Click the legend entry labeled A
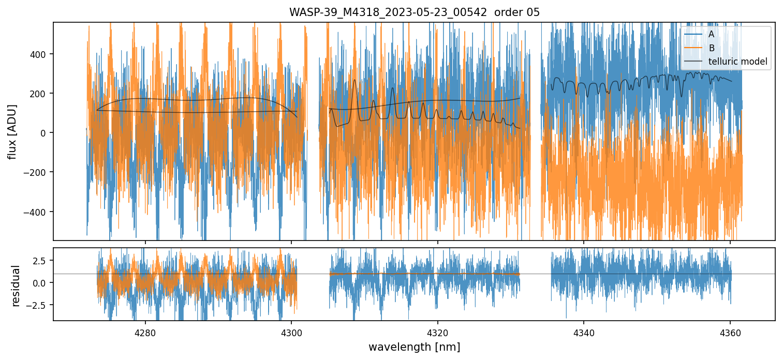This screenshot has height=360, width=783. [x=711, y=34]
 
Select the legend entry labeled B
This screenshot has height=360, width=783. [x=711, y=48]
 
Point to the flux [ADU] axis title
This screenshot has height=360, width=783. [x=12, y=131]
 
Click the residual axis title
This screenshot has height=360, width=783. [x=16, y=286]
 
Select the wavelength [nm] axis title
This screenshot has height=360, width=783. [x=414, y=347]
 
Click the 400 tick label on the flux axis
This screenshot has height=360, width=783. [x=40, y=54]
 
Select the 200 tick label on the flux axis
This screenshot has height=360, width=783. [x=40, y=94]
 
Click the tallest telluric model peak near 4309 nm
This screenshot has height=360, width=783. [x=355, y=80]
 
